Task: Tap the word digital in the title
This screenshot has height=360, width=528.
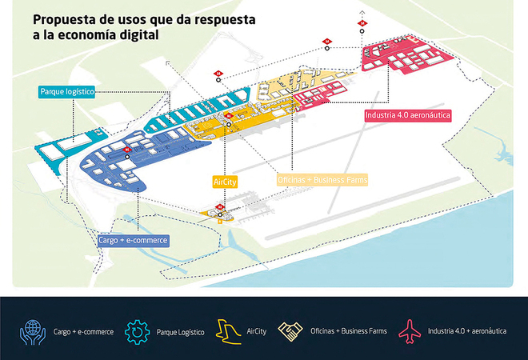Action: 137,35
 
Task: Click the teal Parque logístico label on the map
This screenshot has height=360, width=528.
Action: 67,92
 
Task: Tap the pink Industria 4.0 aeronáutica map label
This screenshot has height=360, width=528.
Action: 407,115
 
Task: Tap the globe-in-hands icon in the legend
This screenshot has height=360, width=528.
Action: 33,330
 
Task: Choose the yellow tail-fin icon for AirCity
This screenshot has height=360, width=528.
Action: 224,330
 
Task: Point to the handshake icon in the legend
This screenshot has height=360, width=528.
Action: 288,330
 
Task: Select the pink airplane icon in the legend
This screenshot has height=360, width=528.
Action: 410,330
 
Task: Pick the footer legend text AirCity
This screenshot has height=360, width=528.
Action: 257,330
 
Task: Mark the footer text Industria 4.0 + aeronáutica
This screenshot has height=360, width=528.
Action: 466,330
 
